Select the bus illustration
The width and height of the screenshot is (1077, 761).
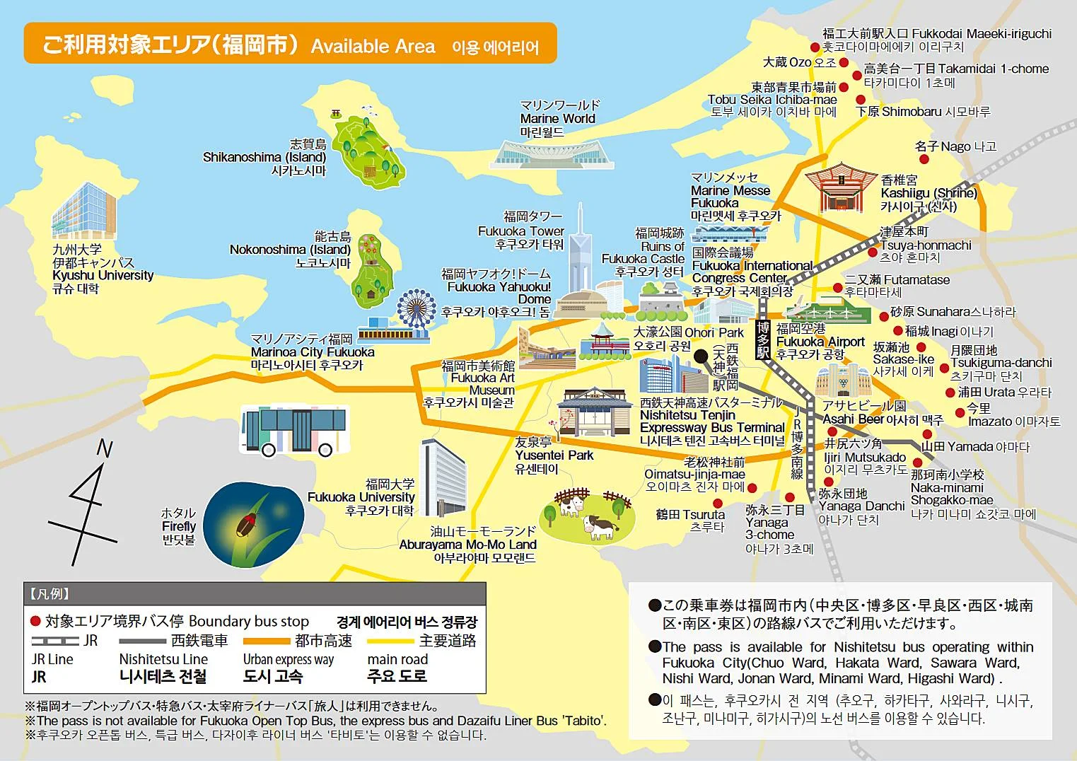pos(295,429)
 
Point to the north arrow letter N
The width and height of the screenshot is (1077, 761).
pos(105,448)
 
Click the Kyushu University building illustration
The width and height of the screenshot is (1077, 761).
pos(83,211)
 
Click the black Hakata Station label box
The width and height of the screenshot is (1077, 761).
pos(763,340)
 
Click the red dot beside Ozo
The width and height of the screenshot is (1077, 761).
pos(844,62)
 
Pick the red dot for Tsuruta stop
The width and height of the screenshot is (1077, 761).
pos(718,503)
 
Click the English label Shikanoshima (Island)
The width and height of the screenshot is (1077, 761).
pos(264,157)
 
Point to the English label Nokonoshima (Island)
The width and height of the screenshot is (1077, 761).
pos(290,249)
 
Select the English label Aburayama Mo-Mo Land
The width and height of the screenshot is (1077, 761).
pos(467,545)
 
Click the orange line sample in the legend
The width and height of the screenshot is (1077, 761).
pos(267,641)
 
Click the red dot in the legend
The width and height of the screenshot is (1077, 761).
pos(35,621)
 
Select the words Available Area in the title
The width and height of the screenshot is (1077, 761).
pos(373,47)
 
